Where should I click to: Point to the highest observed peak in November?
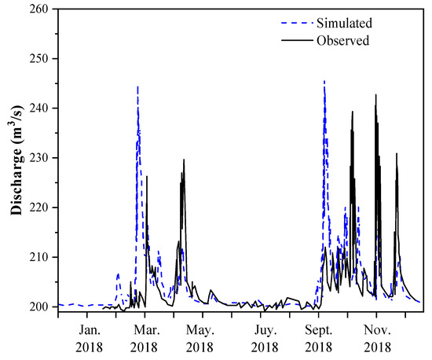point(375,95)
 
